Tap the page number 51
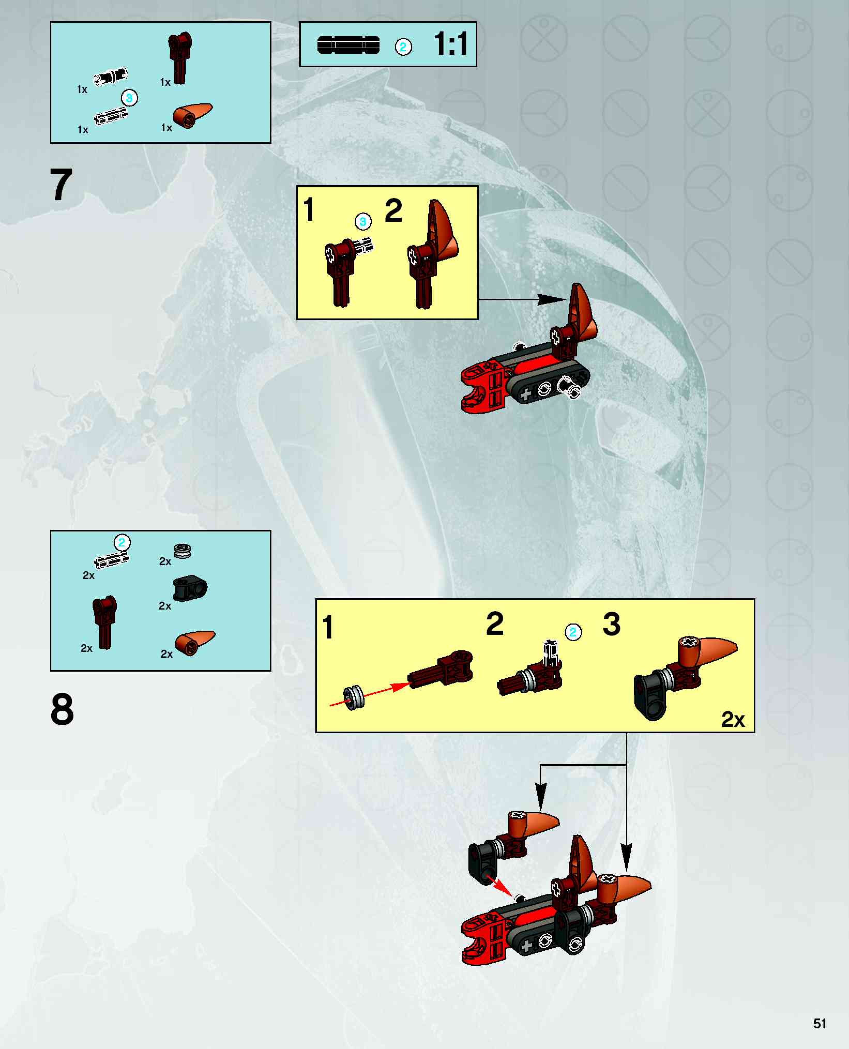click(820, 1024)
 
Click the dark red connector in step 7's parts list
click(179, 59)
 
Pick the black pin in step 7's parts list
click(111, 77)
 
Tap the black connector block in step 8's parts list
click(190, 588)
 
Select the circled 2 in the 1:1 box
click(403, 47)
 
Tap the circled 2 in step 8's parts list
click(122, 542)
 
